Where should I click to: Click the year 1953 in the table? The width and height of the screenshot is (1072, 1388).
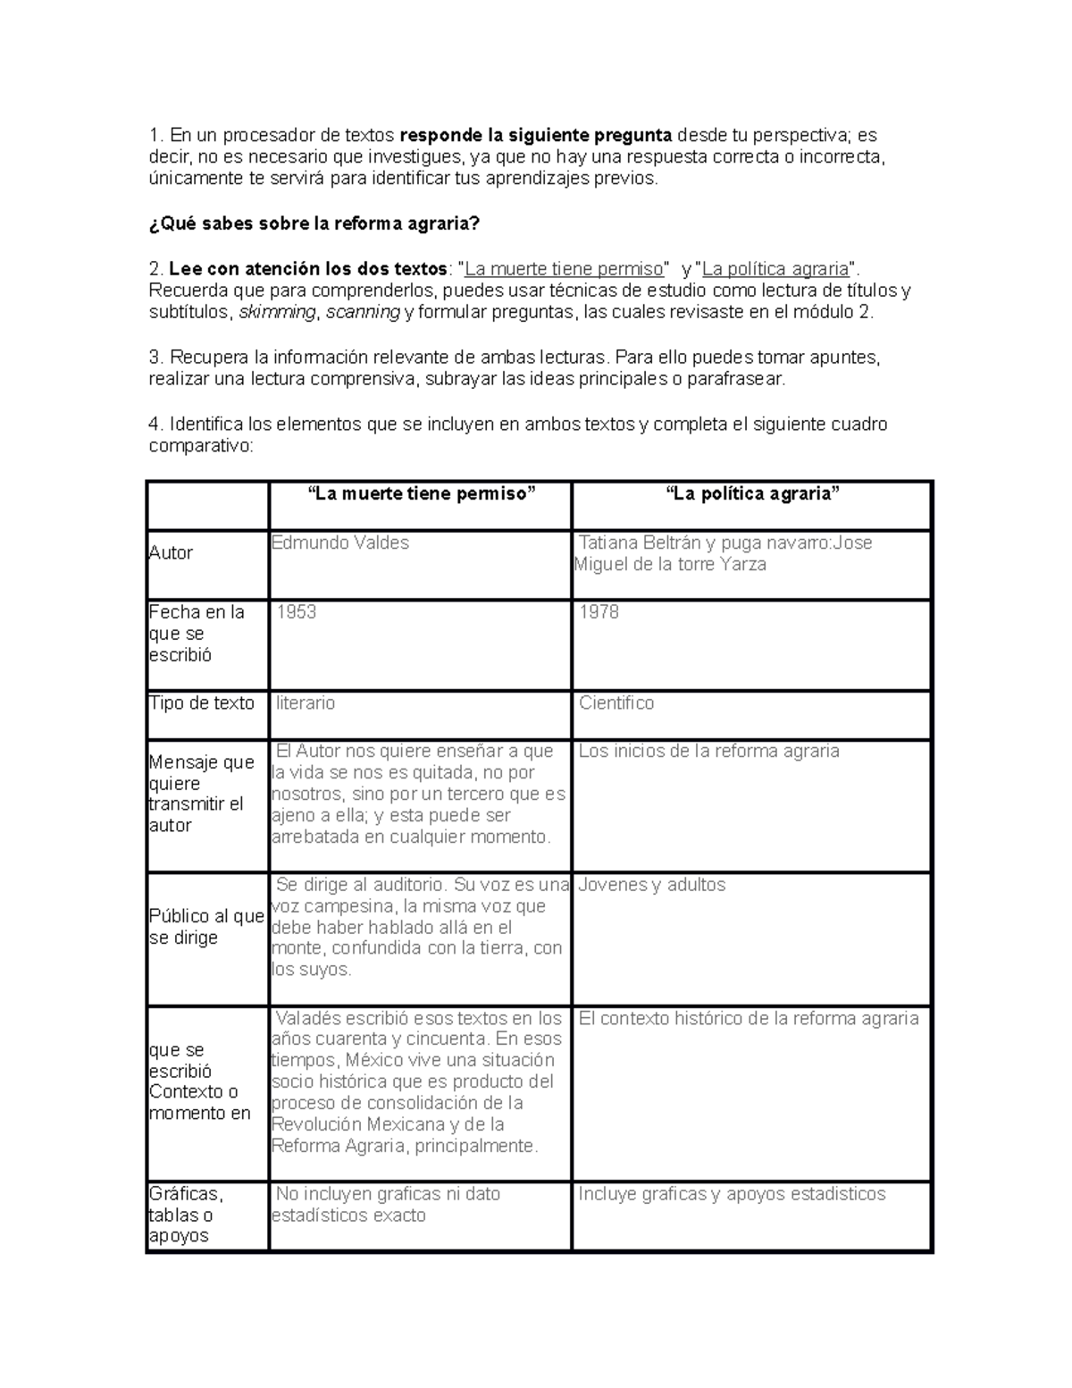click(297, 612)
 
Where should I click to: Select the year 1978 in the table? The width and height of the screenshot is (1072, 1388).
click(599, 612)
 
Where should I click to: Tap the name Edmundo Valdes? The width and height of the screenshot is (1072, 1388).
click(340, 543)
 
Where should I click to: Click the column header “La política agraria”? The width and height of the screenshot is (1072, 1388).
click(752, 494)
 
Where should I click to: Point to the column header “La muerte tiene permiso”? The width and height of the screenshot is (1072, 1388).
click(421, 494)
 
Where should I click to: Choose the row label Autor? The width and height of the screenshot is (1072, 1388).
click(171, 553)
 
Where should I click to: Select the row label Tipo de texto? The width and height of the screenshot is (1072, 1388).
click(202, 703)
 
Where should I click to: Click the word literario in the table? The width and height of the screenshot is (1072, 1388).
click(306, 703)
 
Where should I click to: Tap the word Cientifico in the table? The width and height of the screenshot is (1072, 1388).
click(616, 703)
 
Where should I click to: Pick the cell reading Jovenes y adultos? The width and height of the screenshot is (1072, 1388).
click(652, 885)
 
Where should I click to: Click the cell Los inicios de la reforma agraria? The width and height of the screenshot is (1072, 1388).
click(708, 752)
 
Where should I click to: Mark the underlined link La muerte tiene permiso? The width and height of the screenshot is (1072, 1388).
click(565, 269)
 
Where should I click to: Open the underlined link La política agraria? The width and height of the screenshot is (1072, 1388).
click(775, 269)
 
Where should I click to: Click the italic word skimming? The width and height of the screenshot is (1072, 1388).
click(277, 312)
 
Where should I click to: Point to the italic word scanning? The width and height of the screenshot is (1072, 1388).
click(363, 312)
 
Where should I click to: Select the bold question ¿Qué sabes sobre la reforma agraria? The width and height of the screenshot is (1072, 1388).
click(314, 224)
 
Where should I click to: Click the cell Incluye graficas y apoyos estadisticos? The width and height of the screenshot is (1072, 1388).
click(732, 1194)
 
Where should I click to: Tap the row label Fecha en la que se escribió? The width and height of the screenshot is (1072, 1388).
click(197, 634)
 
